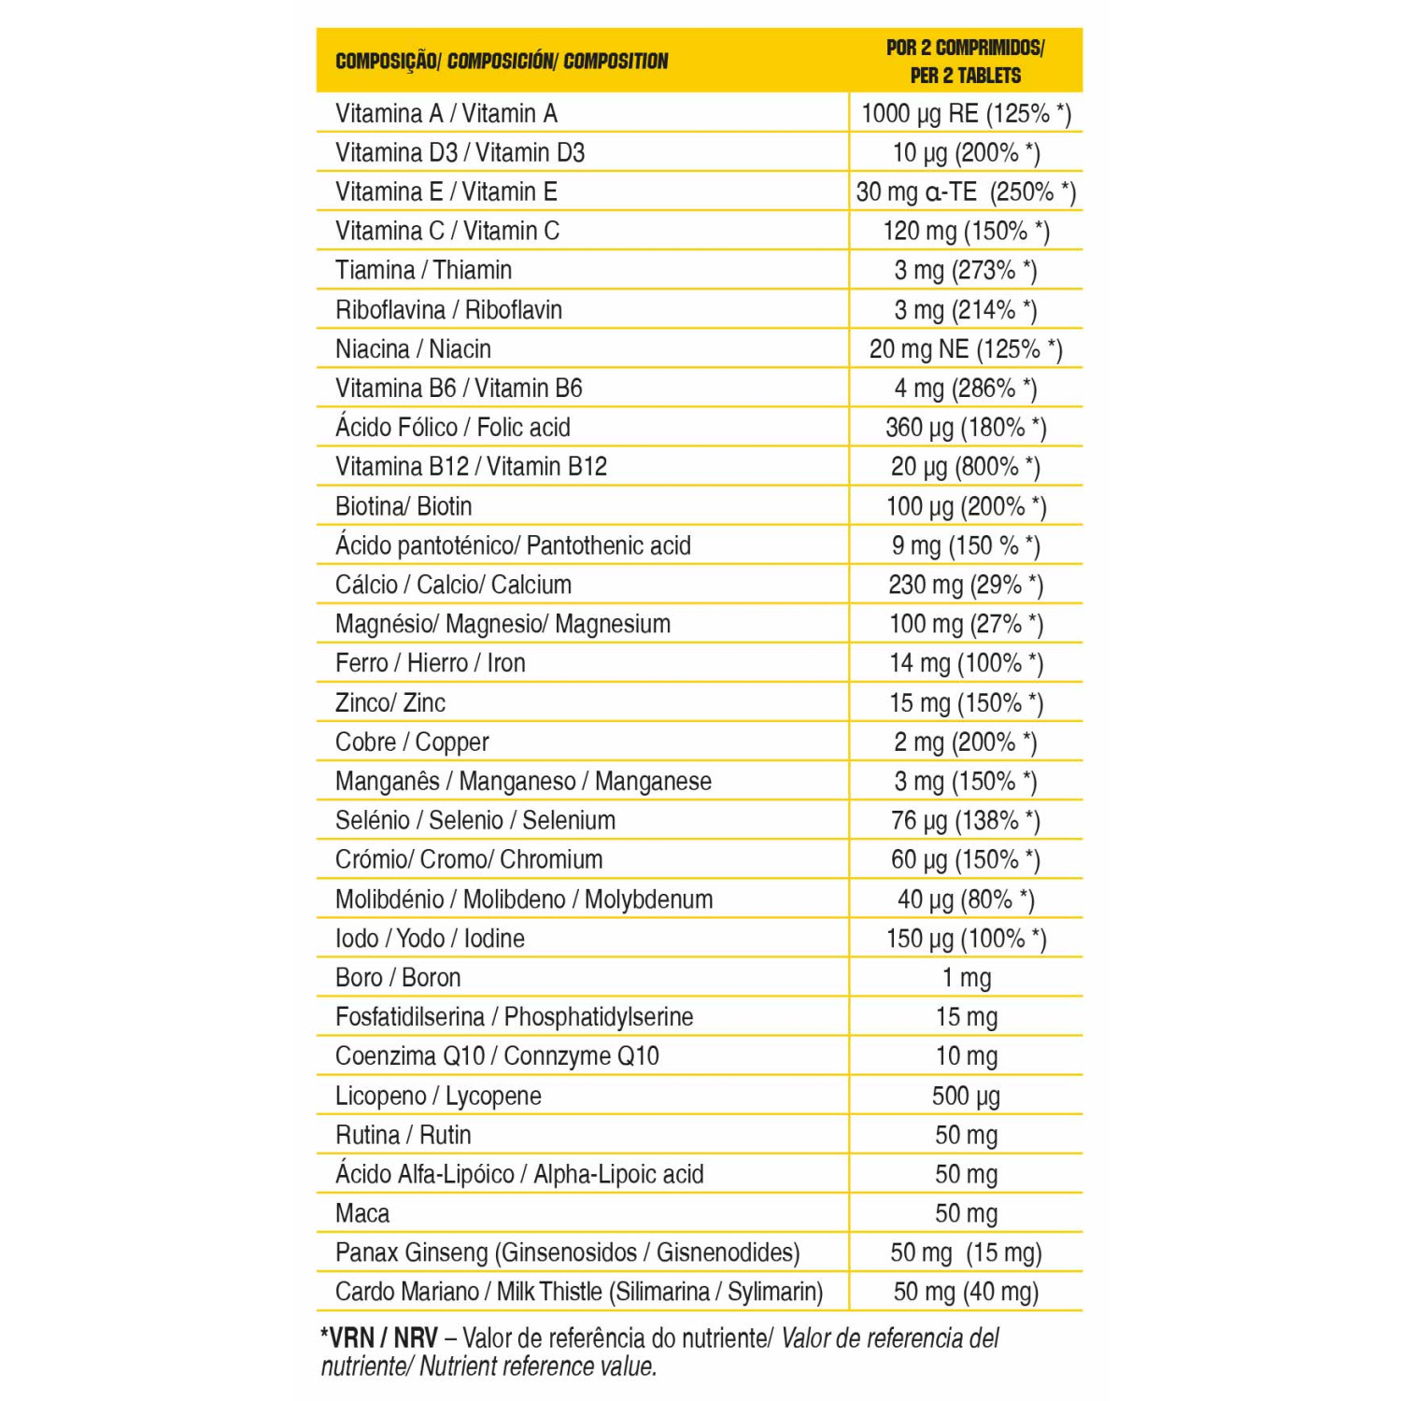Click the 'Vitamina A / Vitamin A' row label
[x=446, y=114]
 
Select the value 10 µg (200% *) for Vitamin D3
[x=966, y=153]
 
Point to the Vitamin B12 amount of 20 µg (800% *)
[x=966, y=467]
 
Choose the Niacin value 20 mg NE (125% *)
[x=966, y=349]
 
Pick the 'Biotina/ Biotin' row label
[x=403, y=506]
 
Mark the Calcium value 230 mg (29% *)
[x=966, y=585]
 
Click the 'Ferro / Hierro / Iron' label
[x=430, y=663]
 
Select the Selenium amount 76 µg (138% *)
[x=966, y=821]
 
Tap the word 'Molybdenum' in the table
[x=648, y=899]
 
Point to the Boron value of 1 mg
[x=966, y=978]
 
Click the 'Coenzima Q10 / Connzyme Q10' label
[x=497, y=1056]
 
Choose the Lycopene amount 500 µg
[x=966, y=1097]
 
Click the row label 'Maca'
[x=362, y=1213]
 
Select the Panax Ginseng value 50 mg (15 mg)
[x=966, y=1253]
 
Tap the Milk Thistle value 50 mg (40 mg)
[x=966, y=1293]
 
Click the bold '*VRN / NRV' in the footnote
[x=378, y=1337]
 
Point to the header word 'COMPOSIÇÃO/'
[x=387, y=62]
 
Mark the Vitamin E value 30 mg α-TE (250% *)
[x=966, y=192]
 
